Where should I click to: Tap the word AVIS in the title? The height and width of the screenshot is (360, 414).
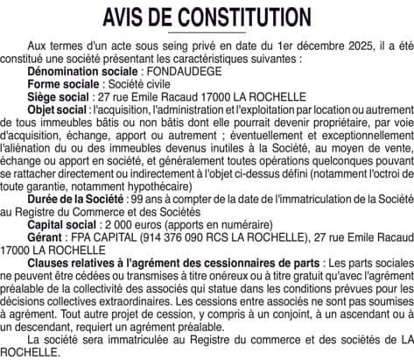coord(129,17)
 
